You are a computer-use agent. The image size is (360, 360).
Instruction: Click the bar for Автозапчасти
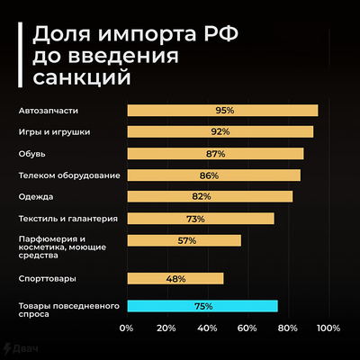coord(222,111)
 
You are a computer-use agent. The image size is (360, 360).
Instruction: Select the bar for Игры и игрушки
coord(220,132)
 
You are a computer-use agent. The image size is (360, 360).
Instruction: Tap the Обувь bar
coord(215,154)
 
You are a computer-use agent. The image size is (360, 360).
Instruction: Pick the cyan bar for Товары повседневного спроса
coord(202,306)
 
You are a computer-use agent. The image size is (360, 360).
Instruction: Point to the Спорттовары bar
coord(175,279)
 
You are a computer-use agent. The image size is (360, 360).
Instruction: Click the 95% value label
coord(224,111)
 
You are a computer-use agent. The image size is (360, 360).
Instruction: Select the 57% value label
coord(186,240)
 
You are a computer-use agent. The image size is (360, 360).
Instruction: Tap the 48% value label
coord(175,279)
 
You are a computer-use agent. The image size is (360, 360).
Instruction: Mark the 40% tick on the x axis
coord(206,327)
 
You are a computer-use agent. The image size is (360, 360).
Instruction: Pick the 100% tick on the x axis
coord(328,327)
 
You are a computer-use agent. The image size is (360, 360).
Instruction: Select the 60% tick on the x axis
coord(247,327)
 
